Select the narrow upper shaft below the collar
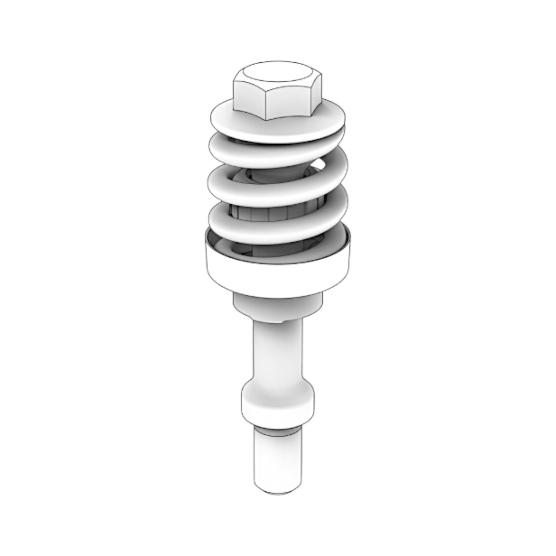[x=277, y=354]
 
